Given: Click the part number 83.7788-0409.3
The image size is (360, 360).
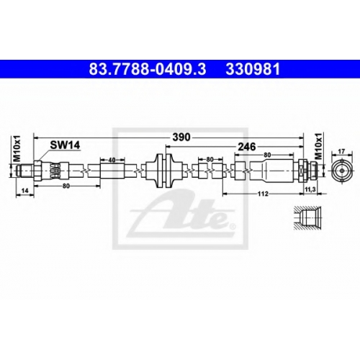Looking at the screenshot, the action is point(148,69).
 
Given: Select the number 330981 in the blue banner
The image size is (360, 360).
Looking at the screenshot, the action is point(253,69).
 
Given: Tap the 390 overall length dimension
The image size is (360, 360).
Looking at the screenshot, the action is point(181,138).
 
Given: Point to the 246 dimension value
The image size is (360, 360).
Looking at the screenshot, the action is point(246,146).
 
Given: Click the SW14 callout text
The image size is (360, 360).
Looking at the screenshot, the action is point(65,145).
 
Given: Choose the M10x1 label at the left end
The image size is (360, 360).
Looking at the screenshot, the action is point(17,148).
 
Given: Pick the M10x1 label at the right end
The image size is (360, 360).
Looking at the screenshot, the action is point(318,146).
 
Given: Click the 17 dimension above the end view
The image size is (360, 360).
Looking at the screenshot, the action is point(341,151).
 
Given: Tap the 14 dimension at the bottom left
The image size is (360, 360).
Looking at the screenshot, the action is point(24,191).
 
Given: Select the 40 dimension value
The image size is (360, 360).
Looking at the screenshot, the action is point(112,160).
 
